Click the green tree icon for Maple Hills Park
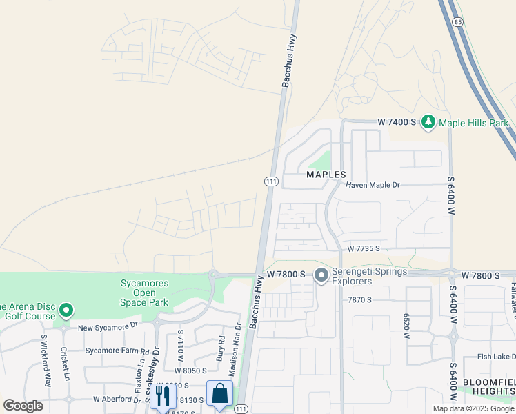pyautogui.click(x=428, y=122)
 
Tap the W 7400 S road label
pyautogui.click(x=397, y=122)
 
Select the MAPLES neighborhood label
pyautogui.click(x=326, y=175)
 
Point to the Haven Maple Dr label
pyautogui.click(x=373, y=185)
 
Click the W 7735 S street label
pyautogui.click(x=364, y=248)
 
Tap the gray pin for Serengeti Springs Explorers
pyautogui.click(x=321, y=275)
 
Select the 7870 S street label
pyautogui.click(x=359, y=299)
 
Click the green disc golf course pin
pyautogui.click(x=66, y=310)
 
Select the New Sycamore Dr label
pyautogui.click(x=108, y=326)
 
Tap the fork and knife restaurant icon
pyautogui.click(x=163, y=396)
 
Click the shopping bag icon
pyautogui.click(x=219, y=395)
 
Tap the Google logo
pyautogui.click(x=23, y=406)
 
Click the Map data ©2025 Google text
pyautogui.click(x=473, y=408)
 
